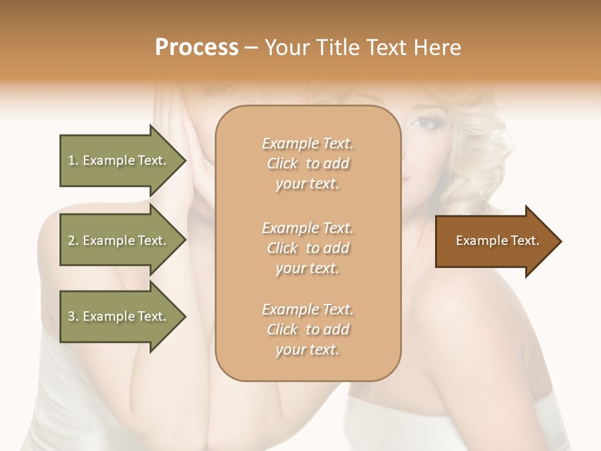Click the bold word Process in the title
[x=197, y=48]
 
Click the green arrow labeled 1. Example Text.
[x=119, y=160]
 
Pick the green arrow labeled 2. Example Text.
[x=119, y=241]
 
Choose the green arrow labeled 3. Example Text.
[x=119, y=316]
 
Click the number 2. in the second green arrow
[x=73, y=241]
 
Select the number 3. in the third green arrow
[x=73, y=316]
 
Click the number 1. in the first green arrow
[x=73, y=160]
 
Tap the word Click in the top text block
[x=282, y=163]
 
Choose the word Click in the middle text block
[x=282, y=248]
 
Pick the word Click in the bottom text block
[x=282, y=329]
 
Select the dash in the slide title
[x=251, y=48]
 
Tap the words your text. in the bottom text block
[x=307, y=350]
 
